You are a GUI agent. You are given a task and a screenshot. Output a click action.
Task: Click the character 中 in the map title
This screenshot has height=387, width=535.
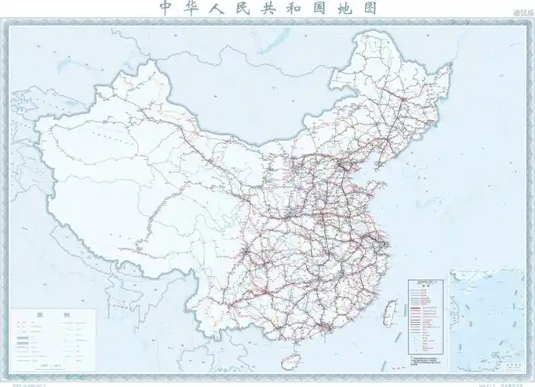(x=165, y=8)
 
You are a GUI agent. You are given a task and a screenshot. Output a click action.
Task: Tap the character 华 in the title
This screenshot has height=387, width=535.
(x=191, y=8)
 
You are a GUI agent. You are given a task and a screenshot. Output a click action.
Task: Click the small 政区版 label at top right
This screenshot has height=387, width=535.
(x=523, y=14)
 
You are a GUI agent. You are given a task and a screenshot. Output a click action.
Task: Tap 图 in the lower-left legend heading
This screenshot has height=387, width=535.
(x=40, y=317)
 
